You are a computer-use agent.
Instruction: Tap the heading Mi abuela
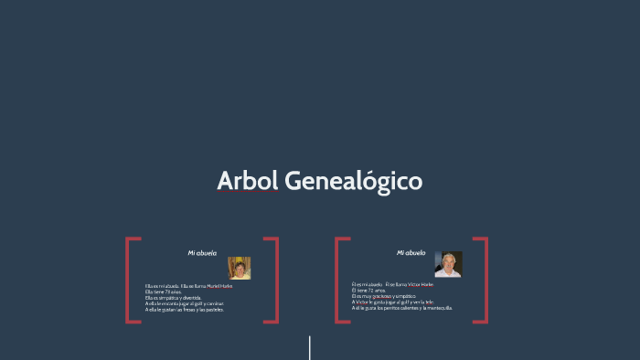tap(202, 252)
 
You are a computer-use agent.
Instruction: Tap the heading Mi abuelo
tap(411, 252)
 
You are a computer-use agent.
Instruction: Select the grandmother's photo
tap(240, 268)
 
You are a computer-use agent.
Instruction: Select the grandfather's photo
tap(448, 264)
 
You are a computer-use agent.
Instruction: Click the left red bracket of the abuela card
tap(129, 280)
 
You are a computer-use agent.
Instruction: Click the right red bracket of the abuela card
tap(274, 280)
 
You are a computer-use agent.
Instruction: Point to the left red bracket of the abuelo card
tap(338, 280)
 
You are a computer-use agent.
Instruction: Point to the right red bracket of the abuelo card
tap(484, 280)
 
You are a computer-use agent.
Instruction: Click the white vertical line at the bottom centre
tap(310, 348)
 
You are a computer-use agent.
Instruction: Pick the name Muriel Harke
tap(219, 286)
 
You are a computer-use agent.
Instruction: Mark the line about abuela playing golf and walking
tap(184, 303)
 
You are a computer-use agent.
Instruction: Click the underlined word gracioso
tap(382, 296)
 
